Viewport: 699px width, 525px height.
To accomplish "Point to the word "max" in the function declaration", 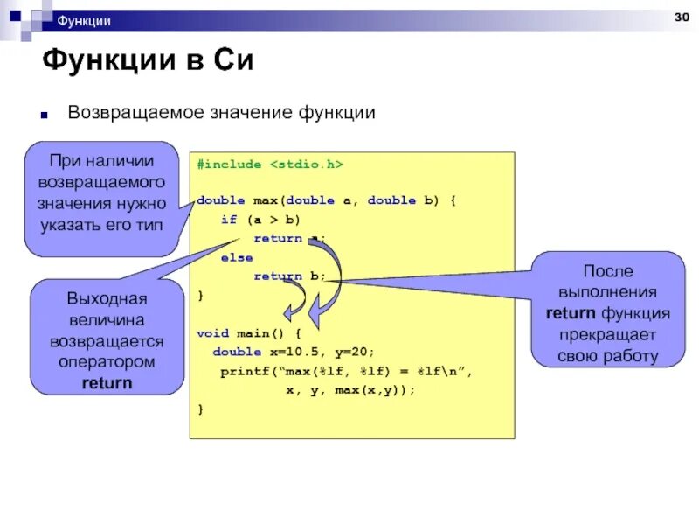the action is tap(264, 200).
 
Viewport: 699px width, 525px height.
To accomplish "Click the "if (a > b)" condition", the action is tap(260, 220).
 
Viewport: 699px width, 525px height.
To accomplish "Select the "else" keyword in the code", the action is tap(237, 258).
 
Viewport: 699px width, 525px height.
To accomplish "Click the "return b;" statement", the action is tap(289, 276).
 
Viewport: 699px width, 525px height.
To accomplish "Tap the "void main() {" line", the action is tap(248, 333).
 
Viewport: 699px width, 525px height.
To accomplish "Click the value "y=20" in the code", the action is tap(356, 352).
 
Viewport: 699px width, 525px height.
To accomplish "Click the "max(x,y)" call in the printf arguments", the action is tap(376, 390).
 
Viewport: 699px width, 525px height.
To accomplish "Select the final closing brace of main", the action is tap(200, 409).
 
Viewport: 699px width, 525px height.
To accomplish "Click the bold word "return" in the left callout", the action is tap(107, 382).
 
